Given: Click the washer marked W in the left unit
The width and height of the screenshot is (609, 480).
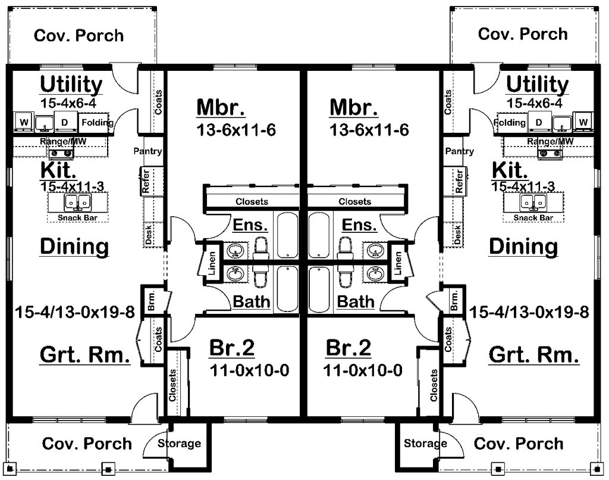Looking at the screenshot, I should point(24,123).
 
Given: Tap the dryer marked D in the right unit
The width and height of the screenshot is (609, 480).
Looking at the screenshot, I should point(539,123).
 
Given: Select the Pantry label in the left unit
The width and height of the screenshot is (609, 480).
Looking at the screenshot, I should point(148,151).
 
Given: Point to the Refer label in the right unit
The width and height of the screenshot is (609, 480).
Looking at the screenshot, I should point(459,182).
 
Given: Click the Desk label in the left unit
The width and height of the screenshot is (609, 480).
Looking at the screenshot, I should point(149,234).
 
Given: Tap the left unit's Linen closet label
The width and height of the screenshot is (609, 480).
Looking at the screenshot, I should point(211,262).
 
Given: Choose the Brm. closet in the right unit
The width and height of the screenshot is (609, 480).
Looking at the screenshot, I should point(455,301).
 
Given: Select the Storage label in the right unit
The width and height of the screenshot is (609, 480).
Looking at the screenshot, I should point(425,444).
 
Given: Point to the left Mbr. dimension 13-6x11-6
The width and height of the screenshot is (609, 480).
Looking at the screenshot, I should point(236,130).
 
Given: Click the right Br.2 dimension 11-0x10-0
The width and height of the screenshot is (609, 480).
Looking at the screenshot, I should point(363,370).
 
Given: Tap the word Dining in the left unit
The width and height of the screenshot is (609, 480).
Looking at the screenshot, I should point(74,246).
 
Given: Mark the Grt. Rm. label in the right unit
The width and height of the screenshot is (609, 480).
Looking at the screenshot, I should point(533,356).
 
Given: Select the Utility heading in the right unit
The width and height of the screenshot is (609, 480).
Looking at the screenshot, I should point(537,85).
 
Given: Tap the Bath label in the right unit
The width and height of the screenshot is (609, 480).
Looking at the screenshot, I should point(356,301).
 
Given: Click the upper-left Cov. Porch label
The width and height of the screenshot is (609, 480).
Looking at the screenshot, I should point(79,35).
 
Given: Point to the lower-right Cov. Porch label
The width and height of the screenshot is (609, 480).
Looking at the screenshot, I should point(517,444).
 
